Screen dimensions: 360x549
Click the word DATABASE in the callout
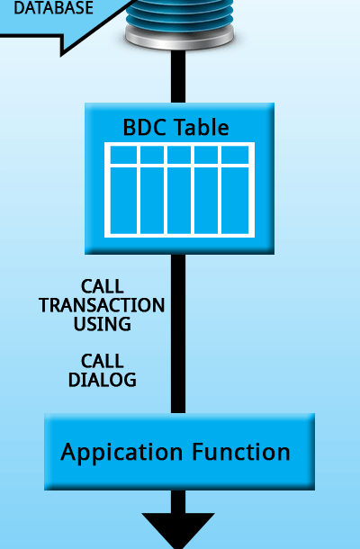(53, 7)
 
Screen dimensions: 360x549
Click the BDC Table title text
(175, 127)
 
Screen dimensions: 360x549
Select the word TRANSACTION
(102, 305)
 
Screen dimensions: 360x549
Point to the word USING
(103, 324)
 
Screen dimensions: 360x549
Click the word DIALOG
(103, 380)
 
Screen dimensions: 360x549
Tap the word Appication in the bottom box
(121, 453)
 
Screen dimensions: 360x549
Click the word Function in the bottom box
(241, 451)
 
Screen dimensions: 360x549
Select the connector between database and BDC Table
(178, 76)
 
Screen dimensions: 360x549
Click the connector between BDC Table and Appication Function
(178, 334)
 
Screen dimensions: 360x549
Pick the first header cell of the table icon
(123, 155)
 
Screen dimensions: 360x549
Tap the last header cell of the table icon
(235, 155)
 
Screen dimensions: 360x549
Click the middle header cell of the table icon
(179, 155)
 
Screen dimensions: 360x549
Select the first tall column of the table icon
(123, 201)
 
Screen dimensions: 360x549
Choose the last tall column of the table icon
(235, 201)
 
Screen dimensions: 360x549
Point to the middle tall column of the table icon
(179, 201)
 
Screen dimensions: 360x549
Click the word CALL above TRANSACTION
(103, 287)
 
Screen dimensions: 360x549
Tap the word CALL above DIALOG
(103, 361)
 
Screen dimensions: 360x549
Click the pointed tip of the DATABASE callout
(61, 55)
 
